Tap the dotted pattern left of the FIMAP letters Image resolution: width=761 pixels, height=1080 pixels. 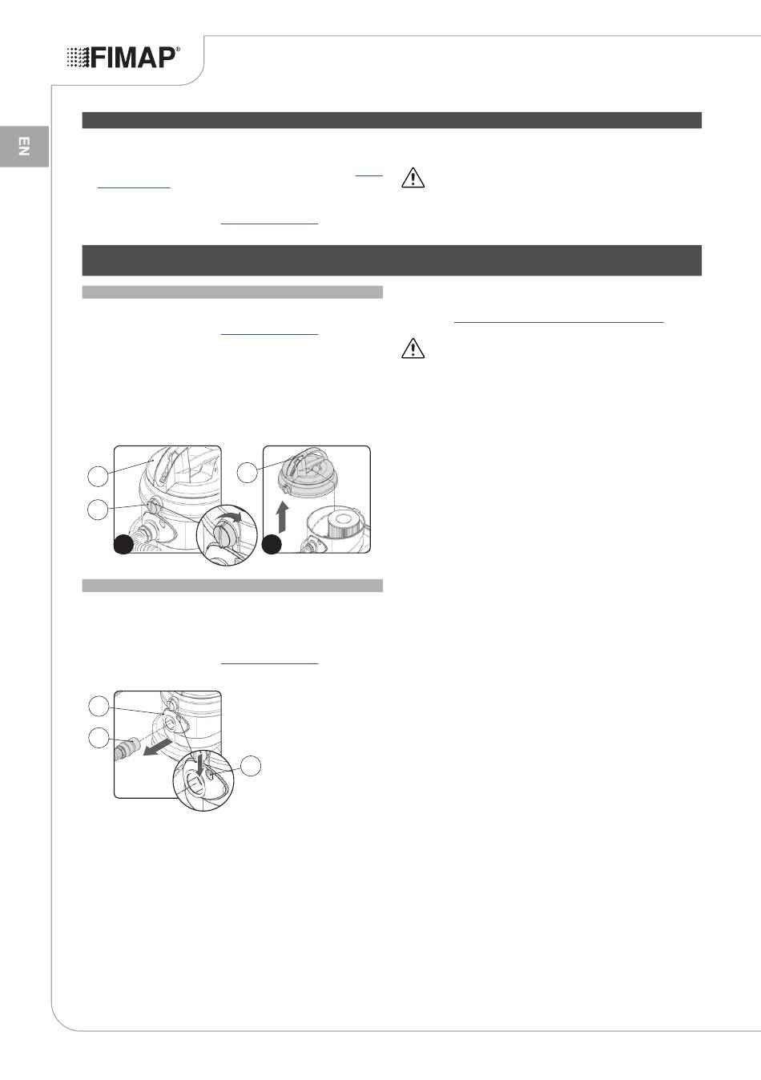click(x=78, y=58)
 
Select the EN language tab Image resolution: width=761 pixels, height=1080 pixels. click(x=24, y=146)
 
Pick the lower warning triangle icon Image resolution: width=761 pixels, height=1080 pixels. click(x=413, y=349)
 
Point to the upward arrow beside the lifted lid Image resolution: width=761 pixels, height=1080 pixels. click(x=284, y=517)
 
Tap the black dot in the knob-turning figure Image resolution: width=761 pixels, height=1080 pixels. click(x=123, y=544)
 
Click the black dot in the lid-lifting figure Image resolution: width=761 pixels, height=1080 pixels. click(x=272, y=544)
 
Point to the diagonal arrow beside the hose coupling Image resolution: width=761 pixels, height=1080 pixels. click(x=158, y=748)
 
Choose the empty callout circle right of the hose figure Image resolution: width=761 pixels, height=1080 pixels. click(x=251, y=766)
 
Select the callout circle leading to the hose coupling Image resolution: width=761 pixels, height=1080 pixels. click(x=99, y=738)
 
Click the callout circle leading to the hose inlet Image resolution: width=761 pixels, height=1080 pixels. click(x=99, y=707)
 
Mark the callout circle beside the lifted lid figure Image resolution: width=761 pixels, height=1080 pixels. click(x=248, y=473)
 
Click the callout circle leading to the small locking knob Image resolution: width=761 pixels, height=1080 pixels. click(x=98, y=509)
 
